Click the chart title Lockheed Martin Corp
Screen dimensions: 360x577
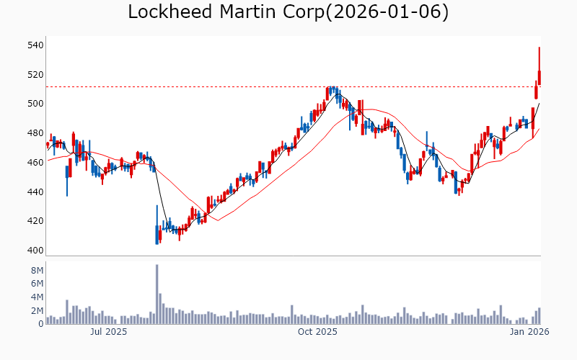(x=288, y=12)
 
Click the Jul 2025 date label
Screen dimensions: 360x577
(x=108, y=332)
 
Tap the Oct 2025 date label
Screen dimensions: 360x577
(x=317, y=332)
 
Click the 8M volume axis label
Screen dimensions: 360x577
(x=37, y=270)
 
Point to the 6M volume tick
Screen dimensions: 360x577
(x=37, y=284)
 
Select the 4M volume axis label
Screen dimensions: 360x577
(x=37, y=297)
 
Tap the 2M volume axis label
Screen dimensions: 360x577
(x=37, y=311)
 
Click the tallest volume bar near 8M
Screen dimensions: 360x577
(x=157, y=294)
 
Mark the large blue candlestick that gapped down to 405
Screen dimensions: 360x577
(x=157, y=233)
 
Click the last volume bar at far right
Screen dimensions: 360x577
(x=539, y=316)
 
